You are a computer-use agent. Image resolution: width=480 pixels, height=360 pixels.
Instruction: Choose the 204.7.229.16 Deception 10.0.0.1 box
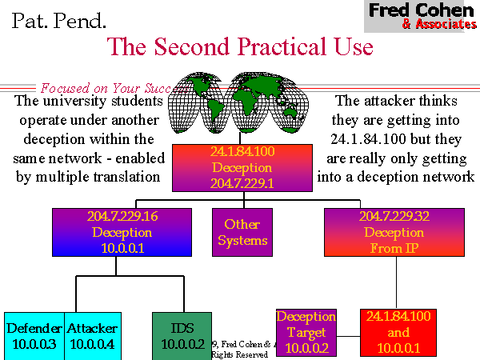(122, 232)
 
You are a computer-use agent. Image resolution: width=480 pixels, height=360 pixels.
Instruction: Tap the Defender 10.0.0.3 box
(34, 335)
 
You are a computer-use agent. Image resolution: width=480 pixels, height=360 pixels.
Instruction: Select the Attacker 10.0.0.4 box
(92, 335)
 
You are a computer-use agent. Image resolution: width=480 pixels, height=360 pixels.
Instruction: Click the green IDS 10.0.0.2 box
(181, 335)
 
